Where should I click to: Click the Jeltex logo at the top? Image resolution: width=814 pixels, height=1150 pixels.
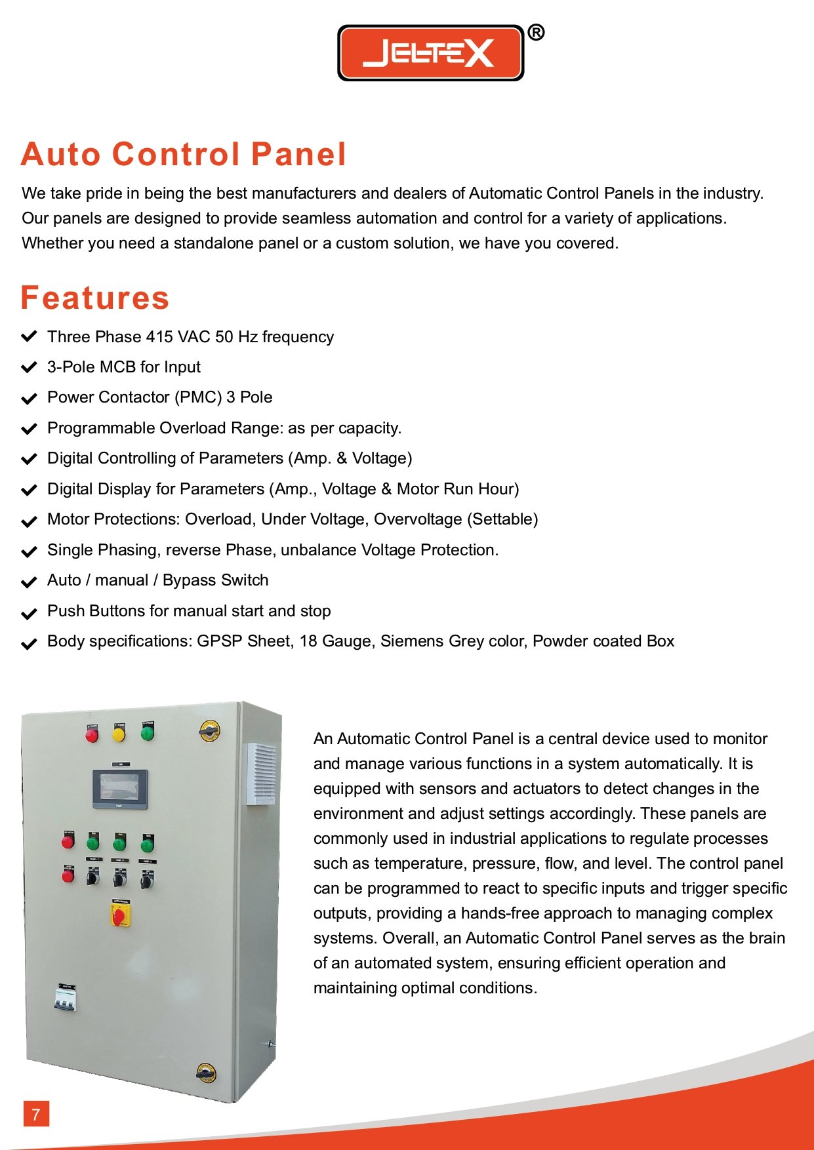click(x=430, y=53)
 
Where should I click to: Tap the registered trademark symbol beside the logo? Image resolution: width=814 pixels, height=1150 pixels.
click(x=536, y=32)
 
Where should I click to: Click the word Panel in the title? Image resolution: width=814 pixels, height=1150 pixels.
click(x=298, y=155)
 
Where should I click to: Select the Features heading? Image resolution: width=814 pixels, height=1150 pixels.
click(x=95, y=298)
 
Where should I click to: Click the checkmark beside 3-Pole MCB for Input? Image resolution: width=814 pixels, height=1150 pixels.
click(x=29, y=367)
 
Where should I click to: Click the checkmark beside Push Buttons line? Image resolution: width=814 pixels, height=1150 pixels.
click(x=29, y=614)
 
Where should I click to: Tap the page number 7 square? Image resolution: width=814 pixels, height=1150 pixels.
click(x=36, y=1114)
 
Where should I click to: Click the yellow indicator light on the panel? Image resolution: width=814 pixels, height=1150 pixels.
click(x=119, y=734)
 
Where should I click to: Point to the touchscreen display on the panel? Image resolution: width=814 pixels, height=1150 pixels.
click(x=119, y=788)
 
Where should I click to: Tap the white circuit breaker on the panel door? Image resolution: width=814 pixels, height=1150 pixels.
click(x=64, y=1000)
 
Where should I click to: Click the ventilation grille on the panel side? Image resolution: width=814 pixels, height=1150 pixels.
click(x=260, y=774)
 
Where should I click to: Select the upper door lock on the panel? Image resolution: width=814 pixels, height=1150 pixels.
click(x=209, y=730)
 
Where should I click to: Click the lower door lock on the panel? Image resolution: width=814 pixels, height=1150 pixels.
click(x=206, y=1073)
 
